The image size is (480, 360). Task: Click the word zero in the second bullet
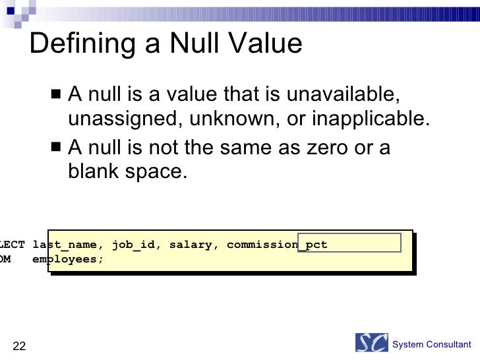pyautogui.click(x=326, y=148)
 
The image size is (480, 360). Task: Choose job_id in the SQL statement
pyautogui.click(x=134, y=245)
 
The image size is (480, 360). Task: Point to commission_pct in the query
pyautogui.click(x=276, y=245)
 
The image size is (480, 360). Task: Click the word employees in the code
pyautogui.click(x=68, y=259)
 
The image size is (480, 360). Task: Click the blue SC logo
pyautogui.click(x=371, y=343)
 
